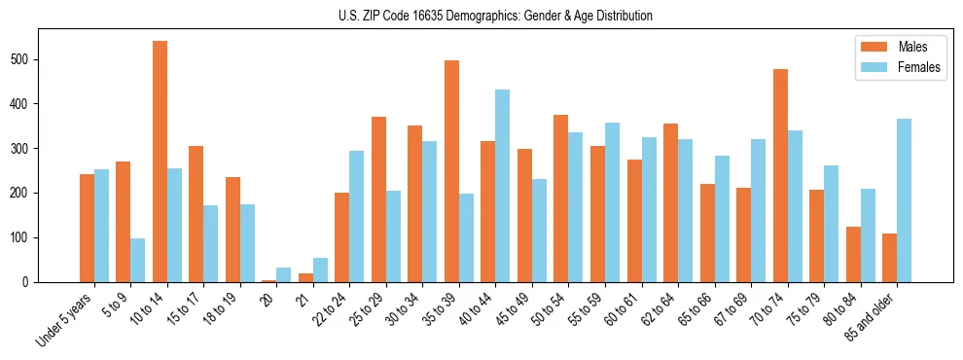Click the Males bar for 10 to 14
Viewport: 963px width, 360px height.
(x=160, y=162)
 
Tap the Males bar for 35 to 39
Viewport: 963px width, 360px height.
(x=451, y=171)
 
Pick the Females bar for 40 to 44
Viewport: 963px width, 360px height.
(x=502, y=186)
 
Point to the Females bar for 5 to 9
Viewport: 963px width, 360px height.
(x=137, y=260)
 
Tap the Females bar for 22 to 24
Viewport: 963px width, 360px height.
(x=356, y=216)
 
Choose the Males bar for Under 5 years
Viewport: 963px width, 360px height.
(x=87, y=228)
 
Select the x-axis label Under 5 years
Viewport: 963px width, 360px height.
(x=65, y=318)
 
